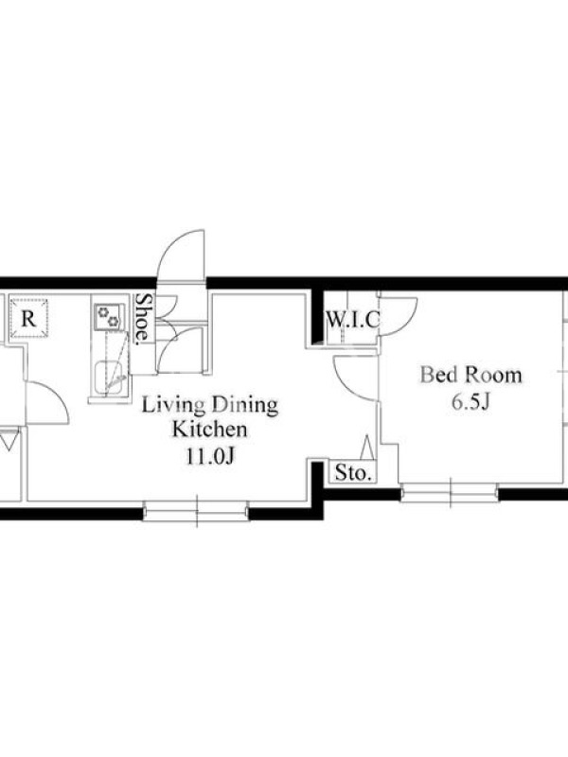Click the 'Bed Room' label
(470, 375)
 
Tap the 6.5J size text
(470, 402)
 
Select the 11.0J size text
(210, 456)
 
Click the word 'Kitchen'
(210, 430)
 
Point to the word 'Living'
(169, 406)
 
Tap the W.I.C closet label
(353, 320)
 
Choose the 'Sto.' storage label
(354, 472)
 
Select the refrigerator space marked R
(29, 319)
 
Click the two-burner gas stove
(108, 317)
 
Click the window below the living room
(197, 511)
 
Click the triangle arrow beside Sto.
(366, 447)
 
